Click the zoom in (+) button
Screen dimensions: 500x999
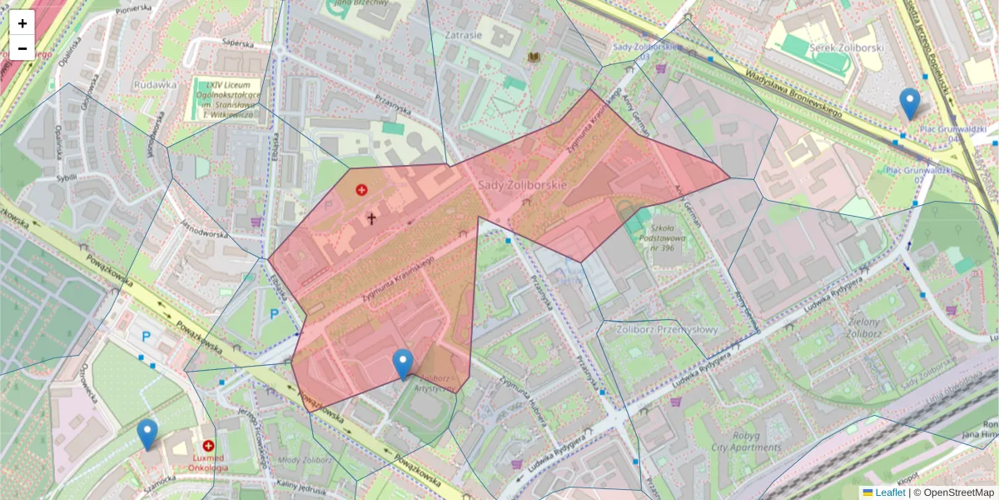22,23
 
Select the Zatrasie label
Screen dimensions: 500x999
464,36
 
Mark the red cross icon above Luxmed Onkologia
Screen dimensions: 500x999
208,446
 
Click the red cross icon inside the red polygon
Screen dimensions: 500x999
361,190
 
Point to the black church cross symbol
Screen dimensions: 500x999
371,219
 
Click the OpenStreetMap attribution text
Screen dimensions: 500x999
957,492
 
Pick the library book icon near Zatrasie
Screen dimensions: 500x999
534,57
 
